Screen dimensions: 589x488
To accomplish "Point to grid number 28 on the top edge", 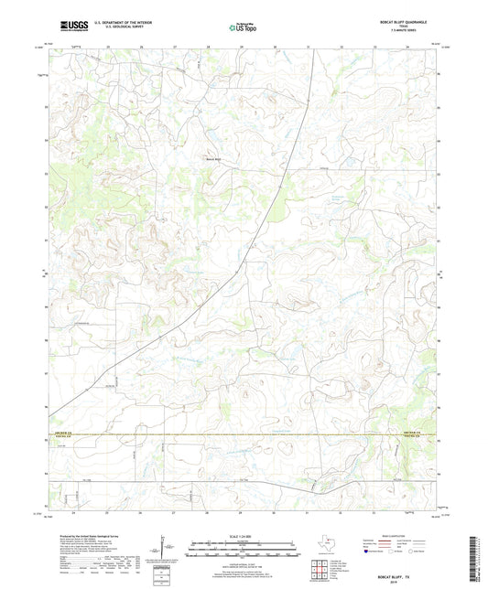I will click(208, 45).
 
